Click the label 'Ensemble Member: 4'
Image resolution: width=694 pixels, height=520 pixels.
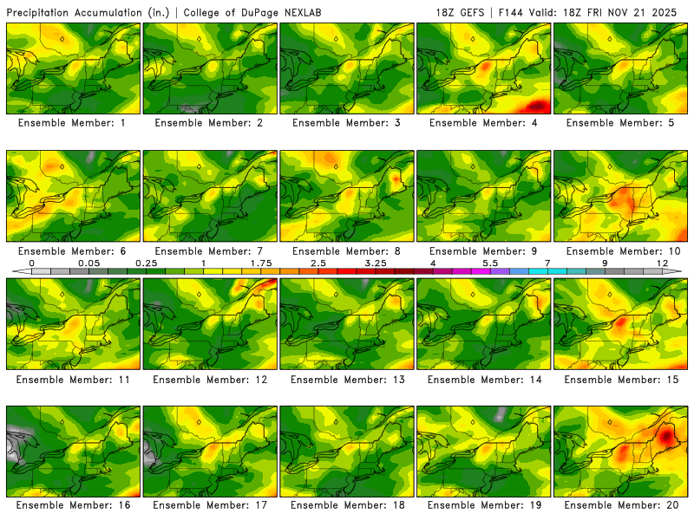(x=483, y=123)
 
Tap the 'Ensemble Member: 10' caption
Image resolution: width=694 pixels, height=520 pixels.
(x=620, y=251)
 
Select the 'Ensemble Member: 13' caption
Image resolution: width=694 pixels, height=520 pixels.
(x=346, y=379)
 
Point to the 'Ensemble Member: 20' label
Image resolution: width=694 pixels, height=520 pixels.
(x=620, y=505)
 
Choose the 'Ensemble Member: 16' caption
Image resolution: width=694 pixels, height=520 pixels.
(x=73, y=505)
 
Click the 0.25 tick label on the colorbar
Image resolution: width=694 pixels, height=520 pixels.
(x=145, y=262)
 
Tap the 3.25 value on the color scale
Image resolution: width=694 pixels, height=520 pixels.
(x=376, y=262)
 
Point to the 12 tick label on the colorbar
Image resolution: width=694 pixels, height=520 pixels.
(x=662, y=262)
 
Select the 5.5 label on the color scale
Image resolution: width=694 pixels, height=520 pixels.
(x=490, y=262)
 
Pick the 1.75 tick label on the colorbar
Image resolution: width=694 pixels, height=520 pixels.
(x=260, y=262)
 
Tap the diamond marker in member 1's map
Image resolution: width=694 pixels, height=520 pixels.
(x=62, y=38)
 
